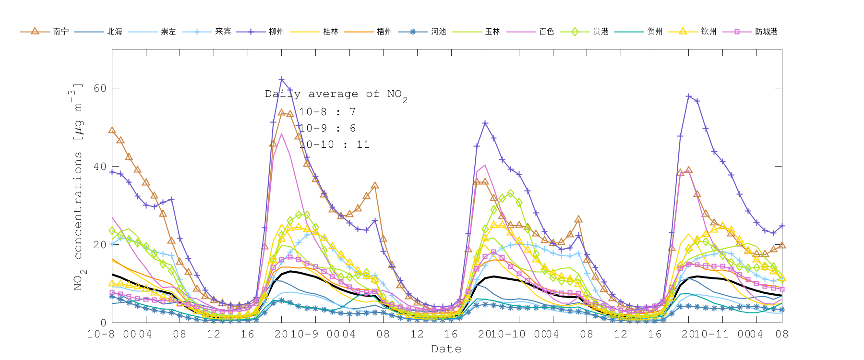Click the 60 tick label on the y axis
pos(100,88)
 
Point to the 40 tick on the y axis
pos(100,167)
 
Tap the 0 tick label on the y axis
pos(103,323)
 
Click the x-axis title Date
pos(446,349)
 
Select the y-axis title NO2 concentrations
pos(78,187)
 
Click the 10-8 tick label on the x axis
pos(101,334)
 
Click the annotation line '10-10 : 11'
pos(334,144)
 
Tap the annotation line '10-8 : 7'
pos(327,112)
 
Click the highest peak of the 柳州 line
pos(281,80)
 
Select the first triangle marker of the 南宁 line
pos(112,130)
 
